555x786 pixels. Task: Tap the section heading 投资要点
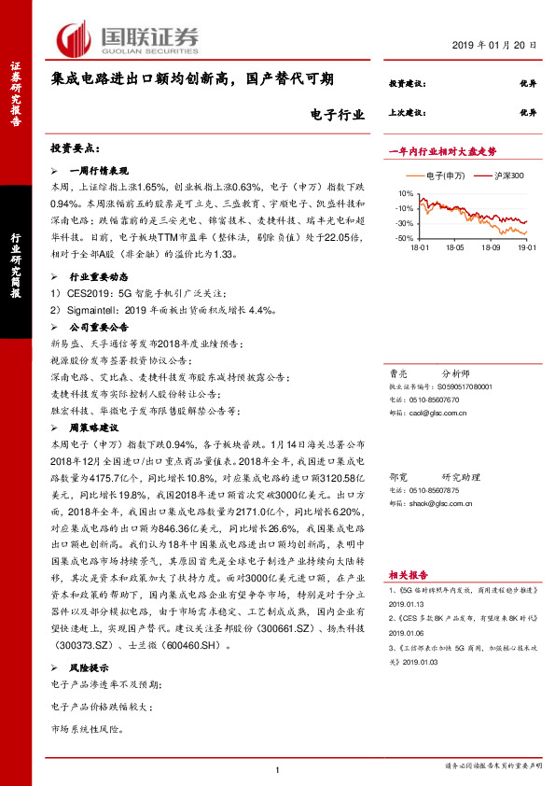[75, 149]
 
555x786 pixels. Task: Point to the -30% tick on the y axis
[405, 223]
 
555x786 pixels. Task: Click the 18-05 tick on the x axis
[455, 247]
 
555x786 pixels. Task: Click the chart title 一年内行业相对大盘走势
[441, 151]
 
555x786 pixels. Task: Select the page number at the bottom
[278, 769]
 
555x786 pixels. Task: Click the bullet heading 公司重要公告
[98, 328]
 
